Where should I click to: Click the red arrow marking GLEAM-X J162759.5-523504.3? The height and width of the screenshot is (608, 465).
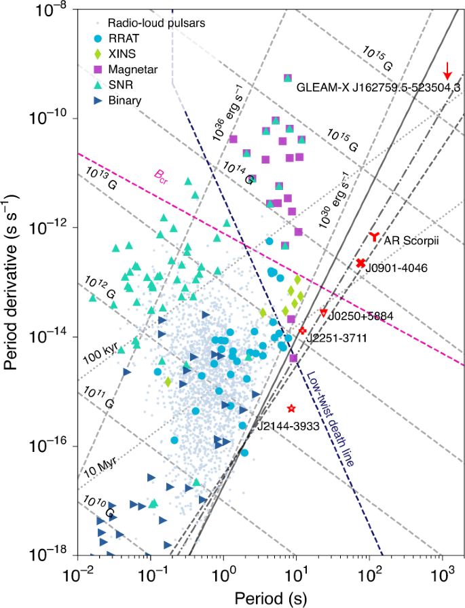(447, 70)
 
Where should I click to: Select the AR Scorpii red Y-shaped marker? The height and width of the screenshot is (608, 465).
(374, 237)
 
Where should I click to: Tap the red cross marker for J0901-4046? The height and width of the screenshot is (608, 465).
(361, 263)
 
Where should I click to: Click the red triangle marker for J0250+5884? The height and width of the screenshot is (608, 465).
(324, 312)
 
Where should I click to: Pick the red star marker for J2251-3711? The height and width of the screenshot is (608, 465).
(302, 330)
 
